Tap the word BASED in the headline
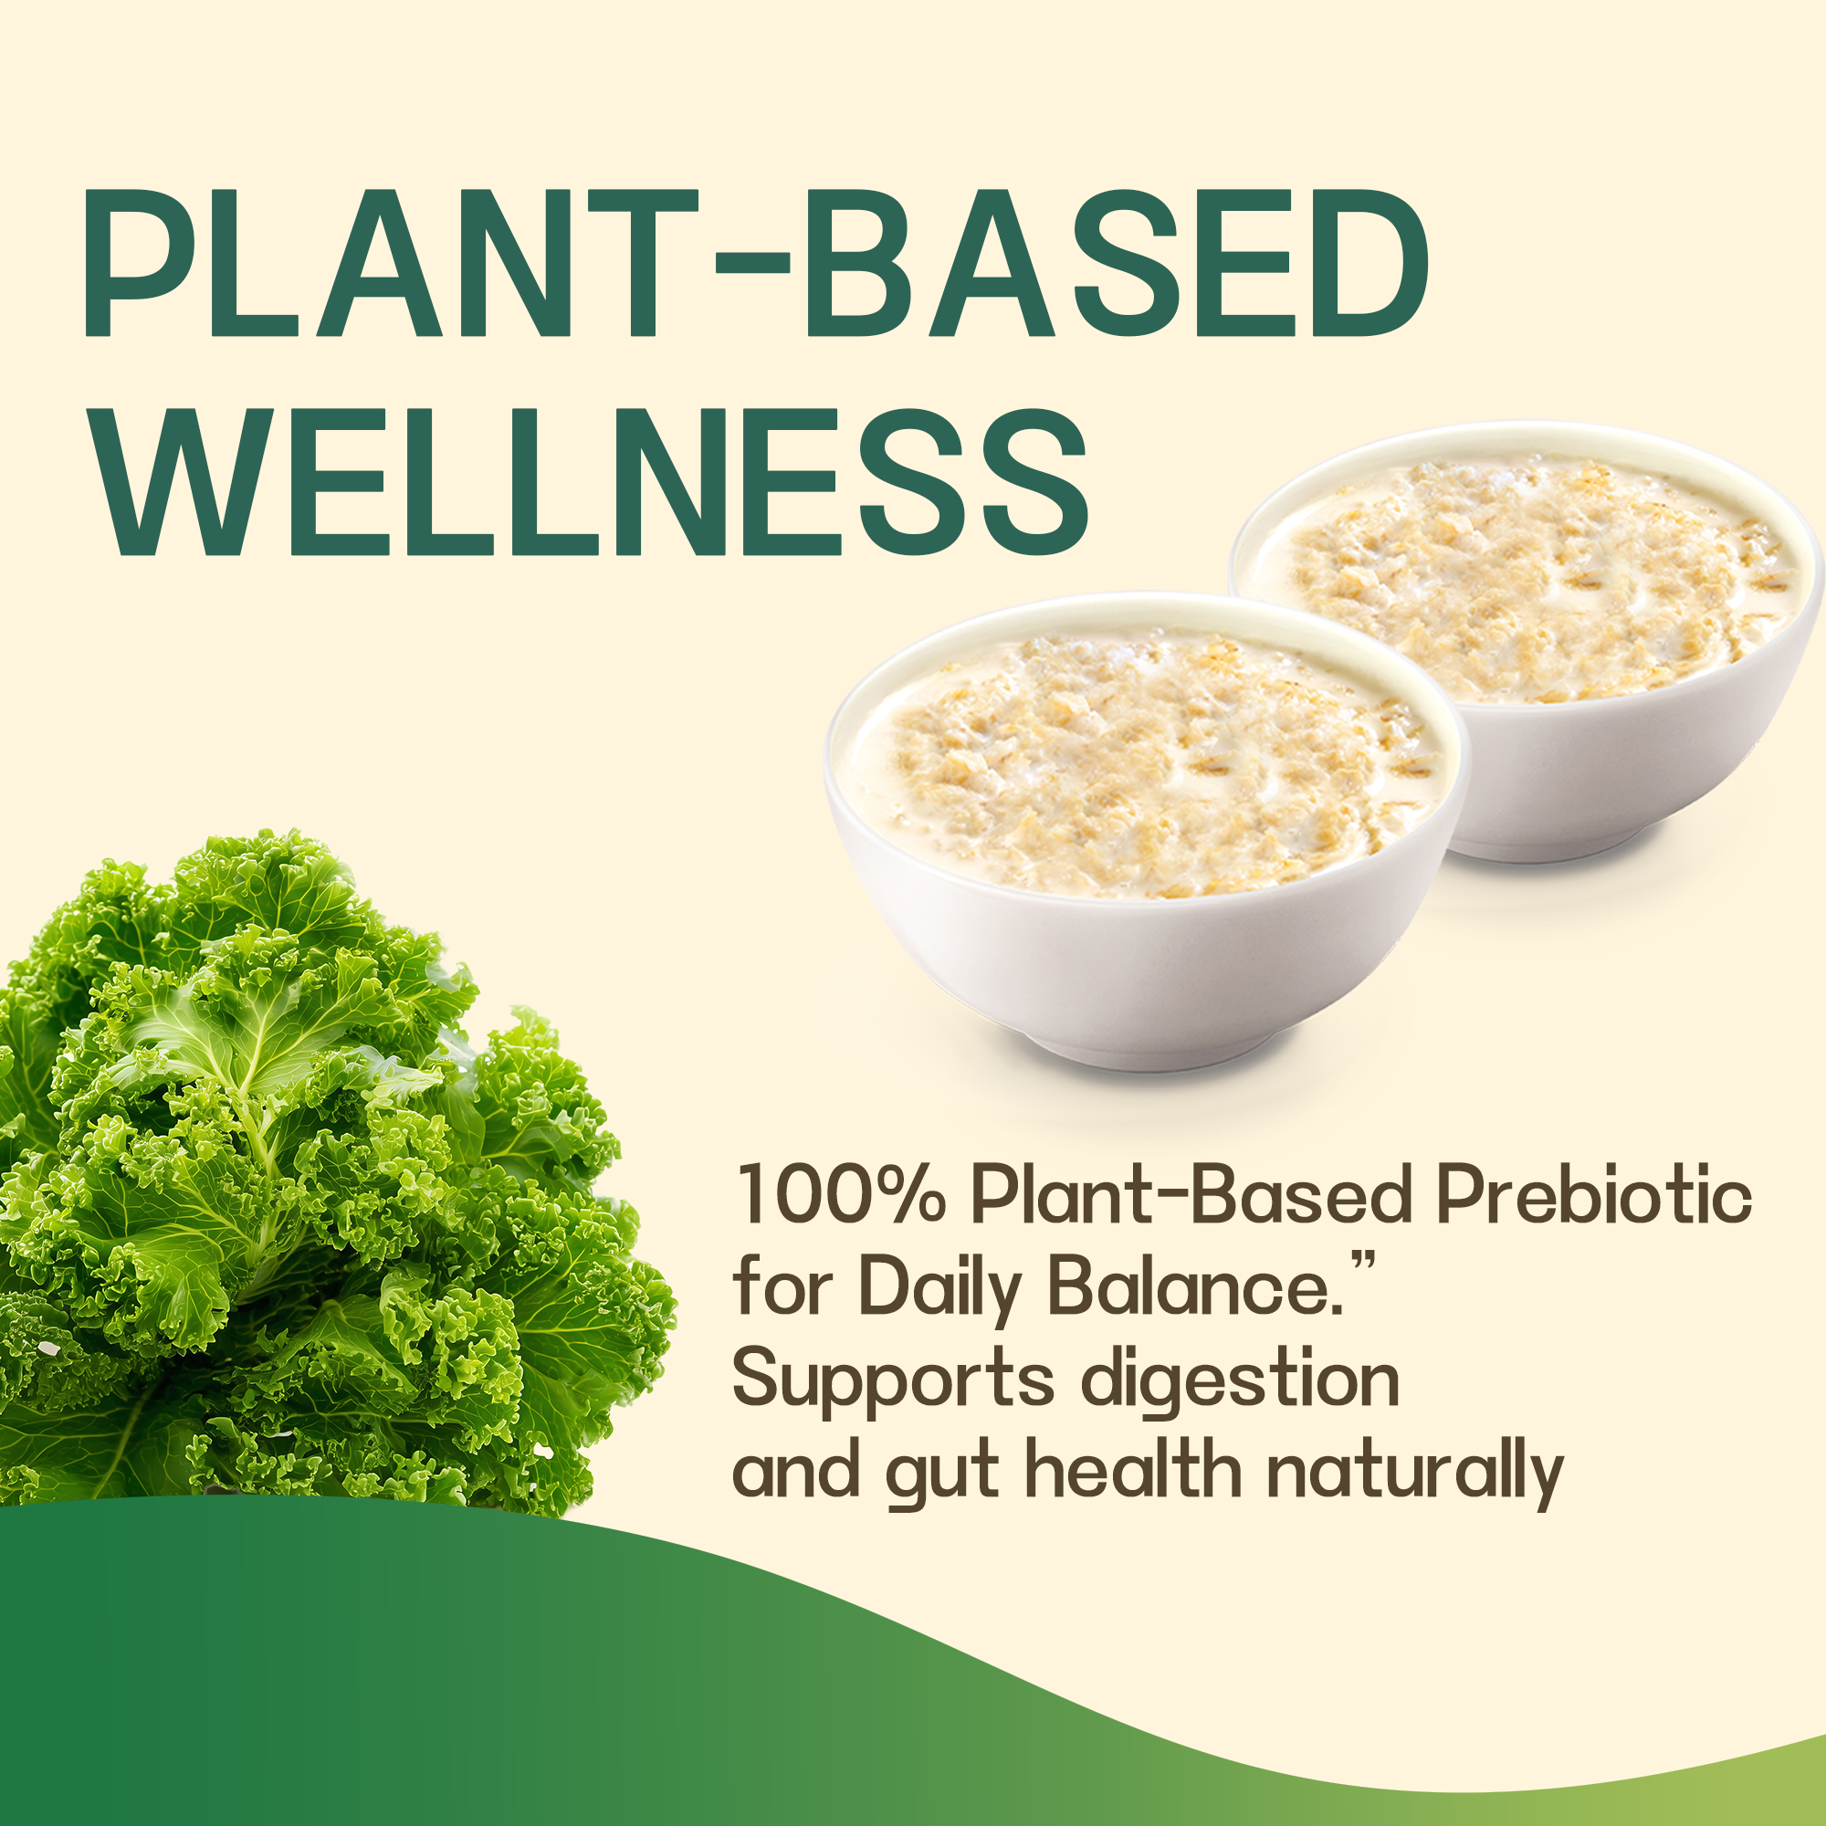(1116, 262)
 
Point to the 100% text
(840, 1197)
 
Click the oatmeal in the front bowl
(1149, 766)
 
